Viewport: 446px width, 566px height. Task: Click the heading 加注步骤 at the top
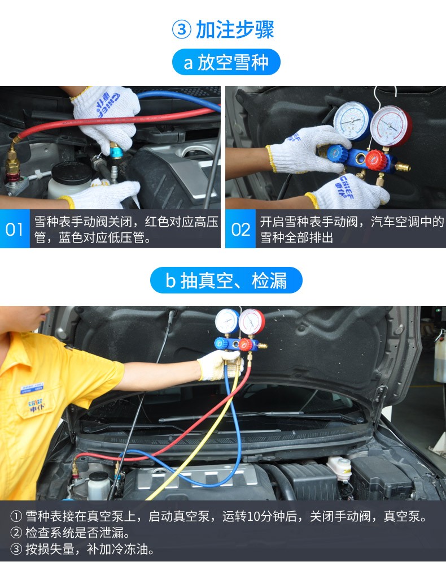point(235,29)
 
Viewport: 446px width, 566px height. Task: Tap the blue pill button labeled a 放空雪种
point(226,62)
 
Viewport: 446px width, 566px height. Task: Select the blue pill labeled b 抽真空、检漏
point(226,280)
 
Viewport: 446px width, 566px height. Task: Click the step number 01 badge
point(15,230)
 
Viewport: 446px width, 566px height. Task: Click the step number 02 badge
point(241,230)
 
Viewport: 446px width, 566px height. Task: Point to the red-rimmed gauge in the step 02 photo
point(391,126)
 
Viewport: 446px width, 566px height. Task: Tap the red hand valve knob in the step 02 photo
point(375,159)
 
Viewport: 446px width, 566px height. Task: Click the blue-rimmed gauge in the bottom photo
point(227,322)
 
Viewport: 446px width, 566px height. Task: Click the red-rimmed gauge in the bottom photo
point(251,322)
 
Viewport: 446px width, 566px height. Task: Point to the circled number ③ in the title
point(181,29)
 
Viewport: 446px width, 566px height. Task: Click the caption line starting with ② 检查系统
point(71,532)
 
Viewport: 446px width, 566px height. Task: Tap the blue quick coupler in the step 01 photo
point(116,150)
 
